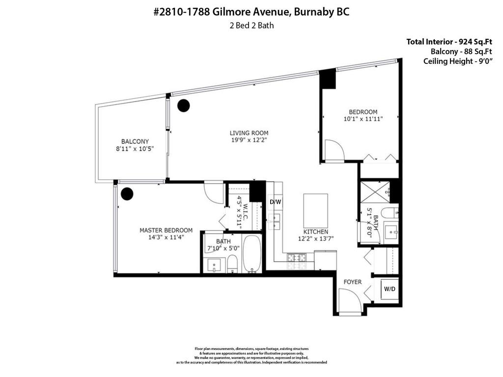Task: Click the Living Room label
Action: pos(249,133)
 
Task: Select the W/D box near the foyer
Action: pos(390,289)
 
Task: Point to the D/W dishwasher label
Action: pos(275,202)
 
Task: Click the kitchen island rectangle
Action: pos(316,210)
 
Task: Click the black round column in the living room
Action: pos(183,105)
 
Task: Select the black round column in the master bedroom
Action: pos(127,194)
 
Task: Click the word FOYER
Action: pos(352,282)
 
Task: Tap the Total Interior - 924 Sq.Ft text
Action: pos(449,42)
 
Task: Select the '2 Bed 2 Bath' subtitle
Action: pos(251,26)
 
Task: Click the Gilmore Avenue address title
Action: pos(251,12)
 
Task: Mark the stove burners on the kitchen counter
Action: pos(297,257)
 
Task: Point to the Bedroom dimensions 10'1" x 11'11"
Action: pos(363,119)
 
